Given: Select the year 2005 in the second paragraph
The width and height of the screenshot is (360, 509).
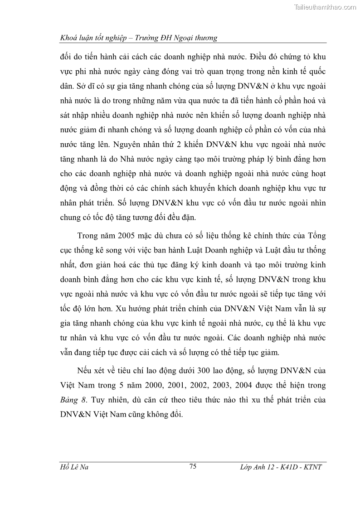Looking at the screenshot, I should pyautogui.click(x=129, y=236).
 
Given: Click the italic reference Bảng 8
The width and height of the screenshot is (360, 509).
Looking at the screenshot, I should pyautogui.click(x=71, y=401).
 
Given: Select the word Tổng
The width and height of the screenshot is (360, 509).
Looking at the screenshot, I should pyautogui.click(x=316, y=236).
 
